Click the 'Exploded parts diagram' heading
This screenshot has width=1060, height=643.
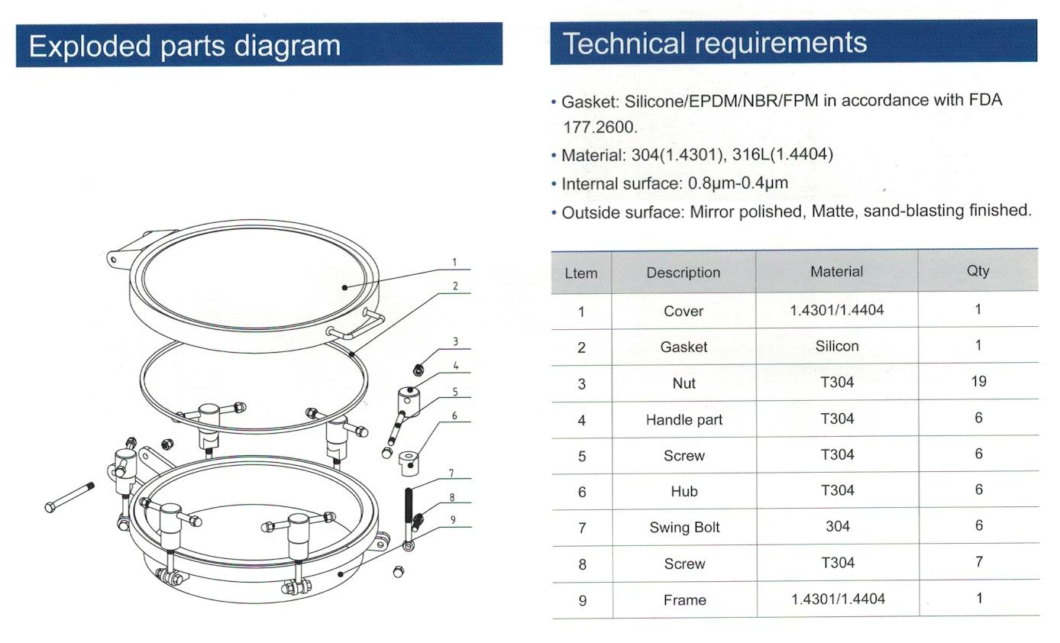[185, 46]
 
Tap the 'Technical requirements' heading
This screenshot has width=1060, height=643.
[715, 43]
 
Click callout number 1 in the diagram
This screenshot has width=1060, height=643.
[454, 262]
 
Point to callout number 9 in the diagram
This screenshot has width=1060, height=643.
[453, 519]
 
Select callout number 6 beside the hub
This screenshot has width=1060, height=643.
[454, 416]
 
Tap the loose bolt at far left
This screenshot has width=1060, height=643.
[69, 497]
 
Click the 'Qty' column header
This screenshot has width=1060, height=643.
[978, 270]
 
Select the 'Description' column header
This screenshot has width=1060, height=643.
[684, 273]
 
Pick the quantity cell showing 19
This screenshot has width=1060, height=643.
[978, 381]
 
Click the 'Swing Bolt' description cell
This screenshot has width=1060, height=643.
[684, 527]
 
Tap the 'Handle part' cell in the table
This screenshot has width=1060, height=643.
[684, 420]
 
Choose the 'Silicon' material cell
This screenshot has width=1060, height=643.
[837, 346]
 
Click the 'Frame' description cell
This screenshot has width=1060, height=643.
[685, 600]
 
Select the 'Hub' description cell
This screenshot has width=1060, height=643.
[684, 491]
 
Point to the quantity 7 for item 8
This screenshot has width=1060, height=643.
[979, 561]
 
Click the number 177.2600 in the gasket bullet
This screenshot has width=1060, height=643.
[600, 128]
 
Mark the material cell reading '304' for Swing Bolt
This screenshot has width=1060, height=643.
[838, 526]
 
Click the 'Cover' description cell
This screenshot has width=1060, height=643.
[684, 311]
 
